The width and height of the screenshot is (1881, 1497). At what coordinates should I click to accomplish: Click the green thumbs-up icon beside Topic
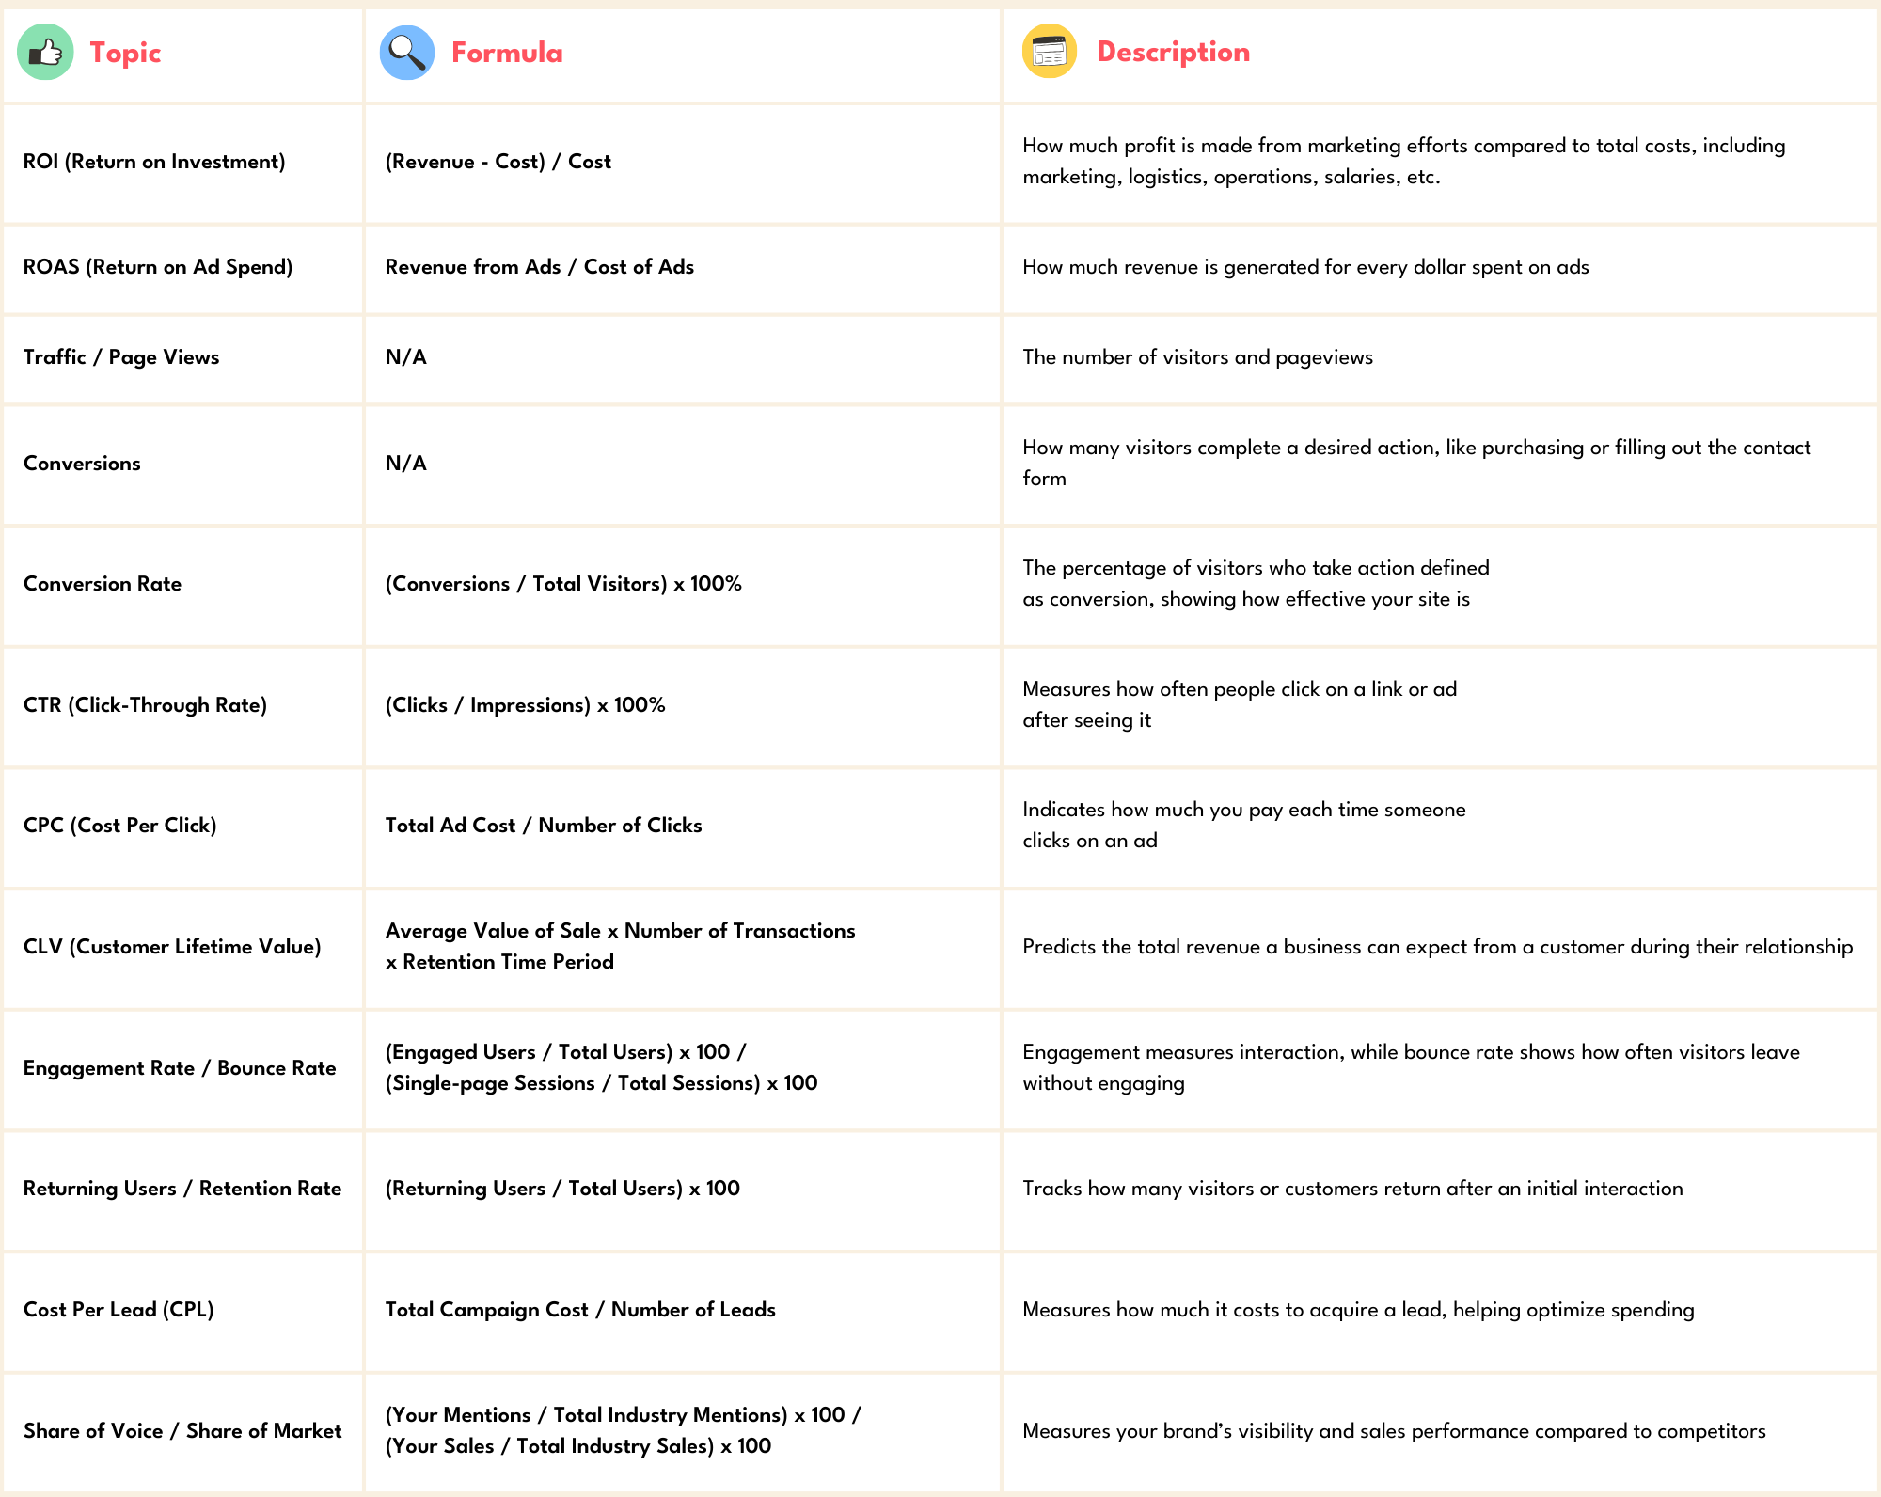(45, 52)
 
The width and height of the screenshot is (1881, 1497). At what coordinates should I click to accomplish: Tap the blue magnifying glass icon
(406, 53)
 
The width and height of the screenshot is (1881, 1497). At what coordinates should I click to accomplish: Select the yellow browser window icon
(1049, 52)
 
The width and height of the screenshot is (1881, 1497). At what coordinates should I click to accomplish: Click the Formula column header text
(507, 53)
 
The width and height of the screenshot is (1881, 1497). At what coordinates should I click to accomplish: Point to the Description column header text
(1173, 52)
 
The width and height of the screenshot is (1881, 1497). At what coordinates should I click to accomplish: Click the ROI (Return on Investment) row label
(154, 162)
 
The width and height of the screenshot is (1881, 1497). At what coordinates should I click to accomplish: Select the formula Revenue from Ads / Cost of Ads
(539, 267)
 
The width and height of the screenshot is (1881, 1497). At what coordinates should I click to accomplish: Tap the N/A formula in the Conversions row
(405, 464)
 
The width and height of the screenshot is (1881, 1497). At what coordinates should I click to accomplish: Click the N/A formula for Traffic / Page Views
(405, 357)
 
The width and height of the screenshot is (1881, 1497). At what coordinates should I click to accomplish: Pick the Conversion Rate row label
(103, 584)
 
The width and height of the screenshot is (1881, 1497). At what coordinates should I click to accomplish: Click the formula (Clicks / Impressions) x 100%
(525, 705)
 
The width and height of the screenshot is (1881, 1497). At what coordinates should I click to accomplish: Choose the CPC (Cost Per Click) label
(120, 826)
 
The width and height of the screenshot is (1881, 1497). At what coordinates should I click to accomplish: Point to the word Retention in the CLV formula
(448, 962)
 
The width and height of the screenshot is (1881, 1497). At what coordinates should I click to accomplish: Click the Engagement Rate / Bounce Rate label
(180, 1068)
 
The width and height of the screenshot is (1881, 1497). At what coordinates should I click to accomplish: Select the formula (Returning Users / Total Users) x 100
(562, 1189)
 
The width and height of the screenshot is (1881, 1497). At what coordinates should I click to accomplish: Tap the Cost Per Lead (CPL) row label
(119, 1310)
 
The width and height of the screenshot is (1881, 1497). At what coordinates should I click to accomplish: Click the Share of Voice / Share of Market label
(182, 1431)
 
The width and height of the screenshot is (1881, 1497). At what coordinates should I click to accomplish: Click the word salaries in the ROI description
(1360, 177)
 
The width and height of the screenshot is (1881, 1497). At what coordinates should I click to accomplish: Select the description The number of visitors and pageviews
(1197, 357)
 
